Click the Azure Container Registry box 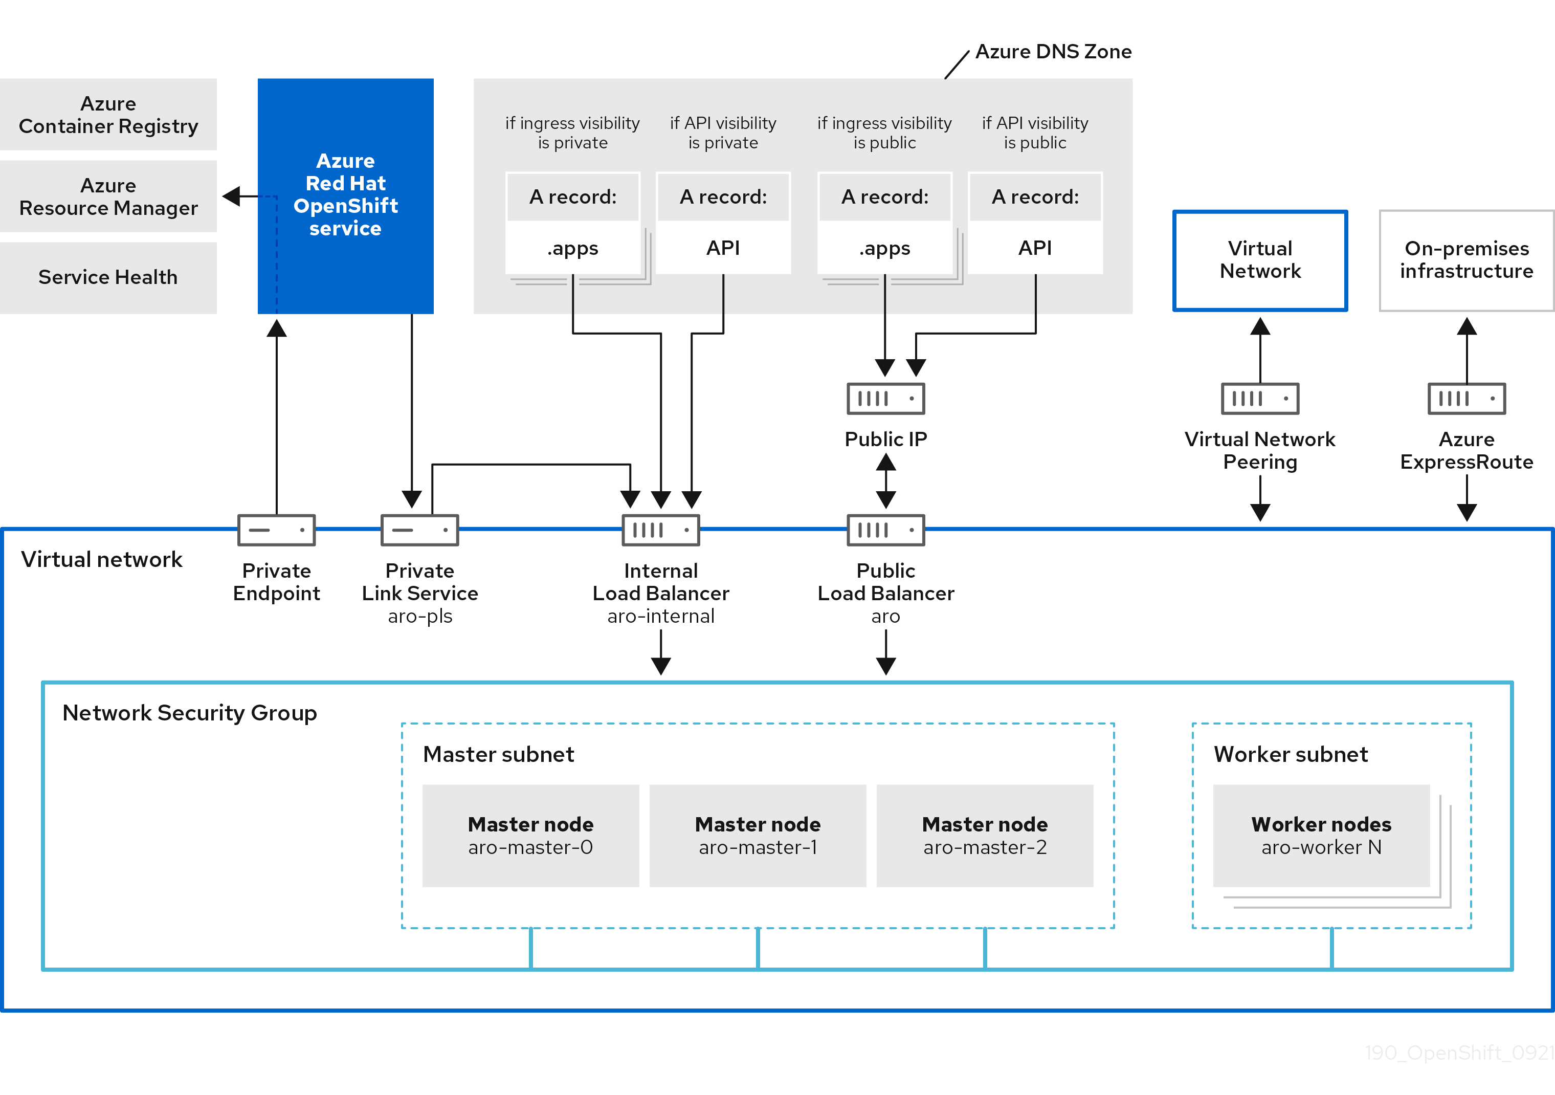coord(108,115)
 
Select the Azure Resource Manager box coord(108,196)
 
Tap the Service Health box coord(108,277)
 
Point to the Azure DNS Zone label coord(1053,52)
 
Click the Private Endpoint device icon coord(276,530)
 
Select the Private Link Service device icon coord(419,530)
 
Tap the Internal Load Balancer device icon coord(660,530)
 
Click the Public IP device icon coord(886,399)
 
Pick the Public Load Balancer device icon coord(886,530)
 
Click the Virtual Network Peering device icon coord(1260,399)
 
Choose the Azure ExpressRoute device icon coord(1467,399)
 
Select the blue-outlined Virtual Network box coord(1260,260)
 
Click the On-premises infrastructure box coord(1467,260)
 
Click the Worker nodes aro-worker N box coord(1321,836)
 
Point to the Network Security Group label coord(190,713)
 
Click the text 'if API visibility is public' coord(1035,133)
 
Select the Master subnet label coord(498,754)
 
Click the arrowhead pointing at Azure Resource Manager coord(232,196)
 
